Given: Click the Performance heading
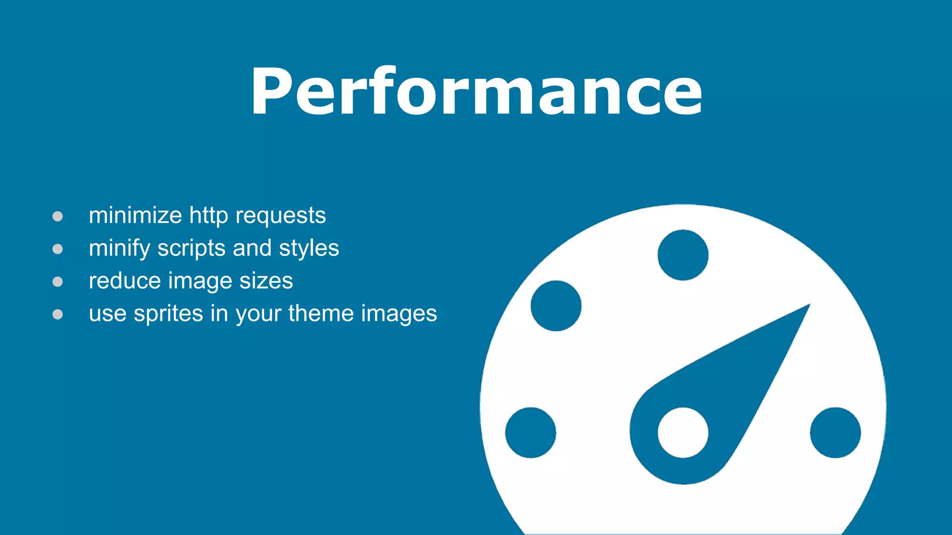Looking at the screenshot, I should point(476,91).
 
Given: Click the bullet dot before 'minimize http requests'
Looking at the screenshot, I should point(58,216).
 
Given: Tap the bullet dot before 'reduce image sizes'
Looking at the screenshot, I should point(58,282).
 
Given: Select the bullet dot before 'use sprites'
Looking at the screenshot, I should point(58,315).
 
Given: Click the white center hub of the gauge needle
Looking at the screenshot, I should point(683,432).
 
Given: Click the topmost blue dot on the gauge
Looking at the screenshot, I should point(683,255).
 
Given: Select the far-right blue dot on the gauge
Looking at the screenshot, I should point(835,432).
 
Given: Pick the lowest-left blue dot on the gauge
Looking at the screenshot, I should point(530,432).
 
